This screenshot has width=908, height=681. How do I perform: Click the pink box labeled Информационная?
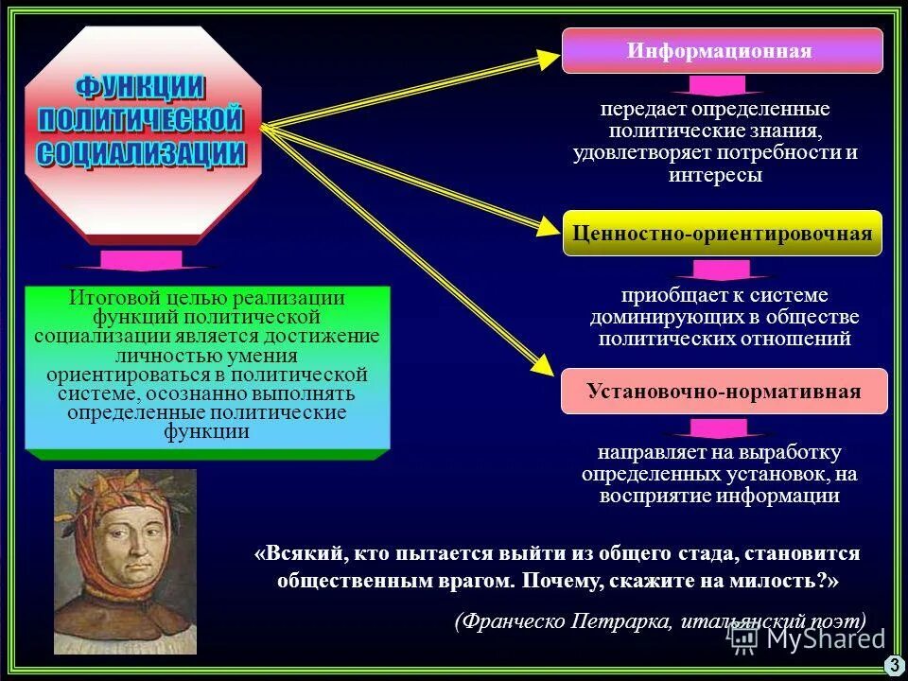coord(722,51)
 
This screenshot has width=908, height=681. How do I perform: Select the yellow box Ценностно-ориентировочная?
coord(722,234)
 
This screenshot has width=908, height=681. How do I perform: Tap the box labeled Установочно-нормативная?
coord(724,391)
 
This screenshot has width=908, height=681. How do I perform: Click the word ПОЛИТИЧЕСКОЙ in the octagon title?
coord(141,121)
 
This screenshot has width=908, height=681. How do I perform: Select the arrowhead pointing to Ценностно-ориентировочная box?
coord(549,227)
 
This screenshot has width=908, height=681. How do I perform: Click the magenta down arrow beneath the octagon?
coord(141,261)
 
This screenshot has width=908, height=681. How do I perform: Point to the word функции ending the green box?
coord(207,432)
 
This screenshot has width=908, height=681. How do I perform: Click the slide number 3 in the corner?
coord(894,666)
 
